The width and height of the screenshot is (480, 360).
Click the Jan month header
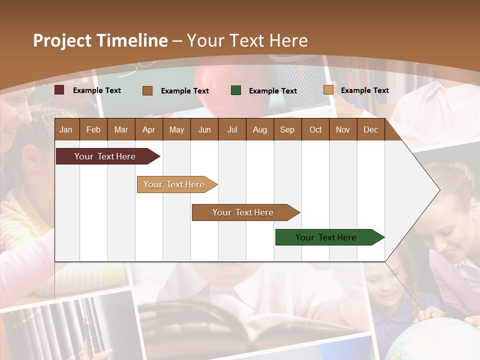click(66, 129)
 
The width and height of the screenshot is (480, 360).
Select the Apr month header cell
click(148, 129)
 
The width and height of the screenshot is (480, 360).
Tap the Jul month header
click(232, 129)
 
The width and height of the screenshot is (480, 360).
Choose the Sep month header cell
click(287, 129)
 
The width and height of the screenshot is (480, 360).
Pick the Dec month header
click(370, 129)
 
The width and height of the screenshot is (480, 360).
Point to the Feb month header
click(93, 129)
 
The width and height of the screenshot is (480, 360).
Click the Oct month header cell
click(315, 129)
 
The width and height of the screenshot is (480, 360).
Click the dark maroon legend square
click(59, 90)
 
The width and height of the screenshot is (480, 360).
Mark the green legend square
click(236, 90)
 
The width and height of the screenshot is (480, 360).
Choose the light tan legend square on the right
click(328, 90)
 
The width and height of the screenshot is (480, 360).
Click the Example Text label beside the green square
click(272, 90)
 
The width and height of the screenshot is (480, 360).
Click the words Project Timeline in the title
click(100, 40)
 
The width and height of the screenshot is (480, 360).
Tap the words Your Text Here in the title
click(247, 40)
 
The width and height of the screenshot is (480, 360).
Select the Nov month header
click(343, 129)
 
